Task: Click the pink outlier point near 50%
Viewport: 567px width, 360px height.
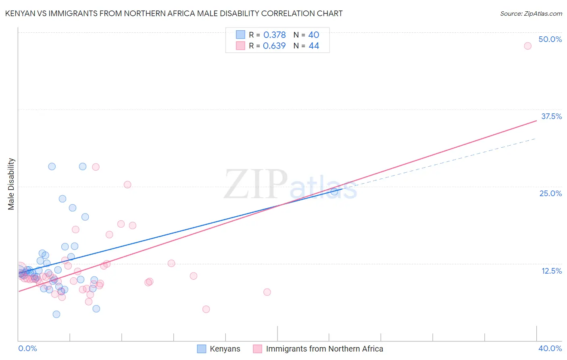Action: (527, 46)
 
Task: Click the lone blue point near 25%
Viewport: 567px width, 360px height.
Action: (334, 192)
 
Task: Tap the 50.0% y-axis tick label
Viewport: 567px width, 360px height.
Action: (550, 39)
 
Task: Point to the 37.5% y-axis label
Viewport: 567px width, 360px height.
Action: (551, 116)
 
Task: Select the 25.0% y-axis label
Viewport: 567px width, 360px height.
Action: (550, 193)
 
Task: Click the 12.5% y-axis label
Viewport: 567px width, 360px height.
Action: (551, 271)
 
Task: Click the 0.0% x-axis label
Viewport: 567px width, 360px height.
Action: (27, 348)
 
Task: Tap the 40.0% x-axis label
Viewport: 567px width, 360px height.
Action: (550, 348)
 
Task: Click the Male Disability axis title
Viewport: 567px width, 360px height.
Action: (11, 184)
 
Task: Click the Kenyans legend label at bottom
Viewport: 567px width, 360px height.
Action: (225, 349)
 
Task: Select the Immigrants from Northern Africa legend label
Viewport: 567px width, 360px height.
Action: (324, 349)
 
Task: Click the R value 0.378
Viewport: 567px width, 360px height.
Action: (275, 35)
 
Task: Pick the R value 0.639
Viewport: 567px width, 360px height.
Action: (274, 46)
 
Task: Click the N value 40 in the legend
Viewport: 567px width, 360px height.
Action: (314, 35)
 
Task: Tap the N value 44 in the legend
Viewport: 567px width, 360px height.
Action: (314, 46)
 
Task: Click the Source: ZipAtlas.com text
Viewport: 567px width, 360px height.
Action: (531, 14)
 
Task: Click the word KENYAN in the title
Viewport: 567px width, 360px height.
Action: (20, 13)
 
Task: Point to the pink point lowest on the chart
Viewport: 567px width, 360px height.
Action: (206, 309)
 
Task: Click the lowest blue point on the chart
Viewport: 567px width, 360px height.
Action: (56, 314)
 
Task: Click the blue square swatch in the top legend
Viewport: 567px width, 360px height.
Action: (240, 35)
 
